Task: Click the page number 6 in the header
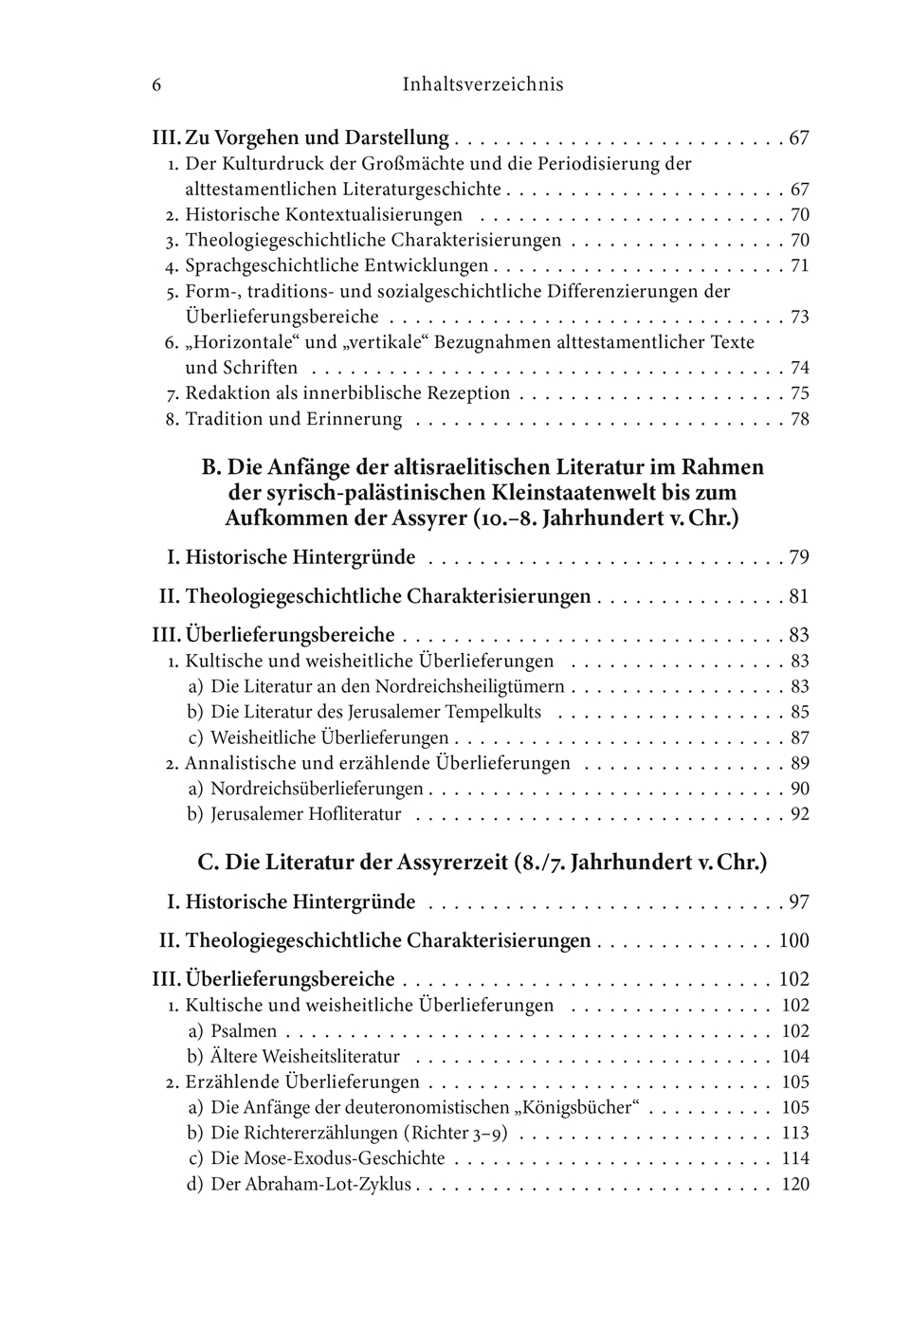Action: [x=156, y=85]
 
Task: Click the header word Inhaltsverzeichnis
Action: [x=482, y=85]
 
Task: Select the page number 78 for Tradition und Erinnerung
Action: [x=799, y=419]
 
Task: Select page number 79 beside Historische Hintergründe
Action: [x=799, y=557]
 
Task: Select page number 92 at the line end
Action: [x=799, y=814]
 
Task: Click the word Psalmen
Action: [x=244, y=1031]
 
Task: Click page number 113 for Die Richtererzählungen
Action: [x=794, y=1134]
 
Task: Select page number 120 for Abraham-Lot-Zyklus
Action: [x=794, y=1185]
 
